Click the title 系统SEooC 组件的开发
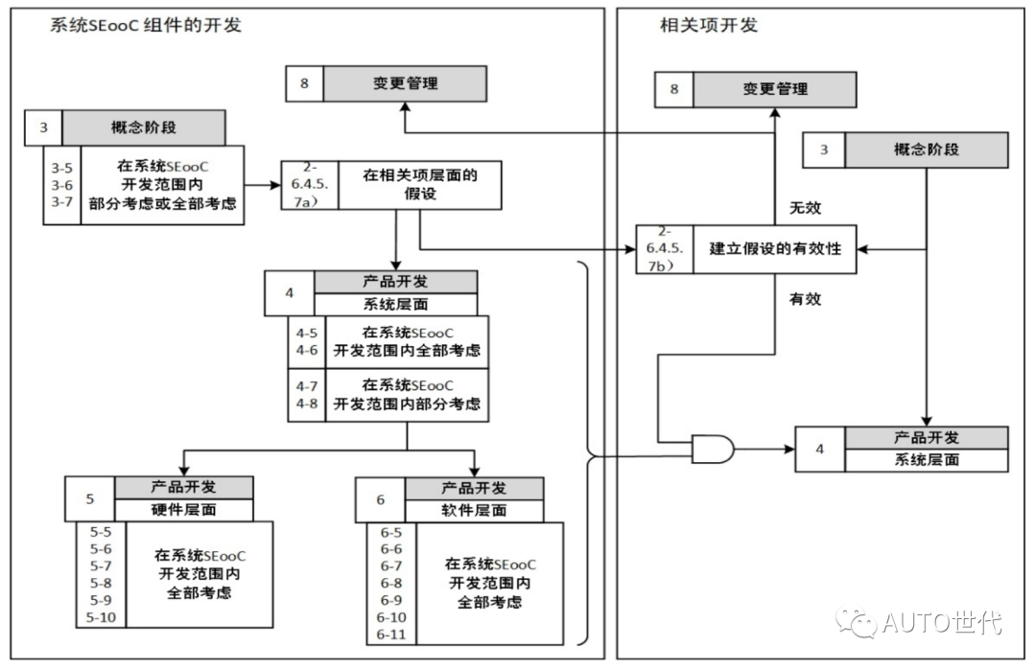point(146,26)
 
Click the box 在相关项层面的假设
point(419,185)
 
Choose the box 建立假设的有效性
point(774,249)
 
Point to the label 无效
point(805,207)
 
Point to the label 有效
point(805,299)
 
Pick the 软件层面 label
point(474,511)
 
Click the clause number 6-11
point(391,634)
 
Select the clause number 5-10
point(101,617)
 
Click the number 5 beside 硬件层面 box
point(90,498)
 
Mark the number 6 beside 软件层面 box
point(379,499)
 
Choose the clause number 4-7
point(307,385)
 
